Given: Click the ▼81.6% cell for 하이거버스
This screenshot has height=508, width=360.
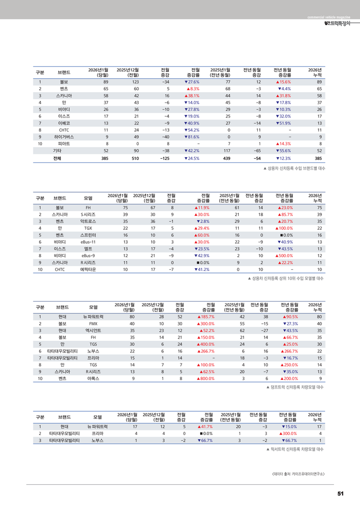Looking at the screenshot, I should tap(191, 137).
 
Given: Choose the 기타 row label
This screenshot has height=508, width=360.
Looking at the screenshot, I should tap(57, 150).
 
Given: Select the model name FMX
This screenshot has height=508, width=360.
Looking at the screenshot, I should tap(93, 323).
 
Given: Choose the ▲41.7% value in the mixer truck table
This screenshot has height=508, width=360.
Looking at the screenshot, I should tap(204, 426).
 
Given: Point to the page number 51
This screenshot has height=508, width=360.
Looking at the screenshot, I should tap(340, 494).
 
